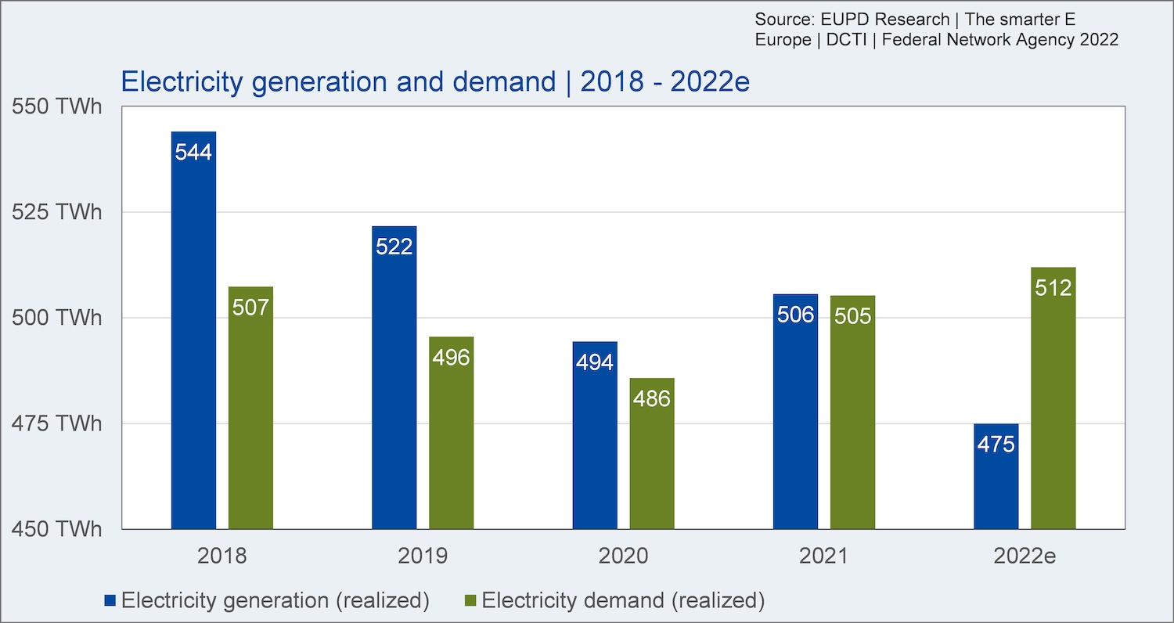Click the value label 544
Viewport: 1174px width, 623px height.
[193, 152]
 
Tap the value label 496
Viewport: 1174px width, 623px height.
[451, 358]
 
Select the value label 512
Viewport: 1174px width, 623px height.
[1053, 288]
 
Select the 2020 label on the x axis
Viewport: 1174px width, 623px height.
[624, 556]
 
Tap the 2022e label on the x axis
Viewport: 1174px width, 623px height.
[1025, 556]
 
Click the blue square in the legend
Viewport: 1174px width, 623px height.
[111, 601]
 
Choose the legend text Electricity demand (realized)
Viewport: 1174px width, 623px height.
[623, 601]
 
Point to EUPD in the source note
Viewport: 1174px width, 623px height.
[834, 19]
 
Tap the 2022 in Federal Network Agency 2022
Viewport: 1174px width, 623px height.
[1098, 40]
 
